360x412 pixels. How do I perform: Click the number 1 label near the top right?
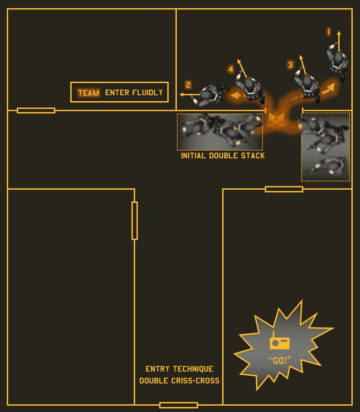[x=329, y=32]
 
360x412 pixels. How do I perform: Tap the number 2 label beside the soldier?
[x=188, y=85]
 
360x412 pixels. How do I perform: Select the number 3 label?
[x=290, y=65]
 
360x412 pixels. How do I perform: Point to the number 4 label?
[x=231, y=69]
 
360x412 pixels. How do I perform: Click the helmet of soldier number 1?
[x=338, y=58]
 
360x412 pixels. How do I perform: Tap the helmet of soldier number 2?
[x=206, y=95]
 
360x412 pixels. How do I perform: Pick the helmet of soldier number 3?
[x=307, y=82]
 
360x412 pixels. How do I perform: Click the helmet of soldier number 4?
[x=249, y=83]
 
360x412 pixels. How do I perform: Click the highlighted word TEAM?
[x=88, y=93]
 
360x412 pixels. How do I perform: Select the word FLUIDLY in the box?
[x=147, y=93]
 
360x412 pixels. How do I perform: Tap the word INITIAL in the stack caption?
[x=194, y=156]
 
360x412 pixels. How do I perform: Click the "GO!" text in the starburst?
[x=279, y=361]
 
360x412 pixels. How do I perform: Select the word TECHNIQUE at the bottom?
[x=193, y=369]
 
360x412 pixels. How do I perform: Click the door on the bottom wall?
[x=179, y=405]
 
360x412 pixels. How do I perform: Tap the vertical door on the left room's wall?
[x=135, y=221]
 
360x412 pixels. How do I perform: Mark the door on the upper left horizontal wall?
[x=36, y=110]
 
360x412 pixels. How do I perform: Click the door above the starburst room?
[x=284, y=189]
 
